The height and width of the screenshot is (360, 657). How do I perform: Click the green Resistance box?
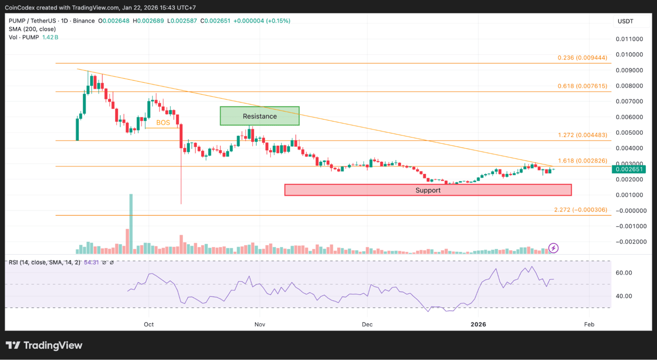[x=260, y=116]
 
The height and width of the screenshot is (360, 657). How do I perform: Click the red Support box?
[x=428, y=190]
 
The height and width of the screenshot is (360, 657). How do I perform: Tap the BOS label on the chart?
[x=163, y=123]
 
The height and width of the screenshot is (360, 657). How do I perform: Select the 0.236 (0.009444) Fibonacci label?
[x=582, y=58]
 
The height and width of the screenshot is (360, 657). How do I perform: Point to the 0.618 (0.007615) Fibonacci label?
[x=582, y=86]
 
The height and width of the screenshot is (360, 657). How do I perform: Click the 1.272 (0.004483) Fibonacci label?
[x=582, y=135]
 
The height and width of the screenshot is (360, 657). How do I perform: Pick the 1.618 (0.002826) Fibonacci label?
[x=582, y=160]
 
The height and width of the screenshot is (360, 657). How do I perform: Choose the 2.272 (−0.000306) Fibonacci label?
[x=581, y=210]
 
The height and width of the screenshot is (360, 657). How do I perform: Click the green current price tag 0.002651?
[x=629, y=169]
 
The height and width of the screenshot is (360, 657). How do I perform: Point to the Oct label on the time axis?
[x=149, y=324]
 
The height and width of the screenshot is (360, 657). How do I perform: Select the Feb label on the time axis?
[x=589, y=324]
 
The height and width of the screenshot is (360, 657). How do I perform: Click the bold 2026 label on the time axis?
[x=479, y=324]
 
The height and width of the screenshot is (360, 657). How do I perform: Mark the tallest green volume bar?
[x=131, y=224]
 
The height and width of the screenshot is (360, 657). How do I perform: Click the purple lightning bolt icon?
[x=554, y=248]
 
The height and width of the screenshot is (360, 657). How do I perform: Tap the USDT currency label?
[x=625, y=21]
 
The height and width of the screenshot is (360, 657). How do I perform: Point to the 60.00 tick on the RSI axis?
[x=623, y=272]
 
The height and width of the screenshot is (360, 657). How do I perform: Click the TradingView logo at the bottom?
[x=44, y=346]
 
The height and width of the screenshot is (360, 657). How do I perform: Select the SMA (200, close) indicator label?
[x=32, y=29]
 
